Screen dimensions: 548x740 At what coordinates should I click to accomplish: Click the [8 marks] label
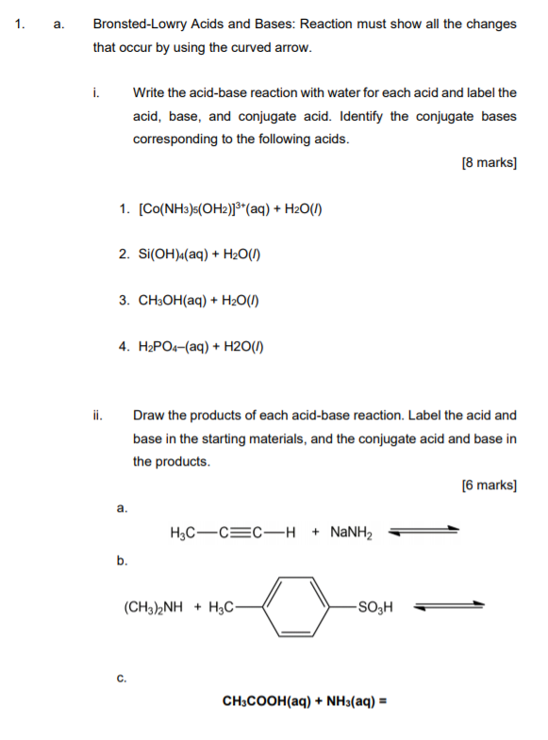click(x=489, y=162)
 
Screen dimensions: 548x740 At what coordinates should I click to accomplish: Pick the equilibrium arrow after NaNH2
click(x=426, y=532)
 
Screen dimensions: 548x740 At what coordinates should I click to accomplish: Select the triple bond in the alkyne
click(x=242, y=532)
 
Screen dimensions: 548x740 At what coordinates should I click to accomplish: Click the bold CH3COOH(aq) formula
click(x=266, y=701)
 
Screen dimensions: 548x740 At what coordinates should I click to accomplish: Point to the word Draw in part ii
click(x=149, y=415)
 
